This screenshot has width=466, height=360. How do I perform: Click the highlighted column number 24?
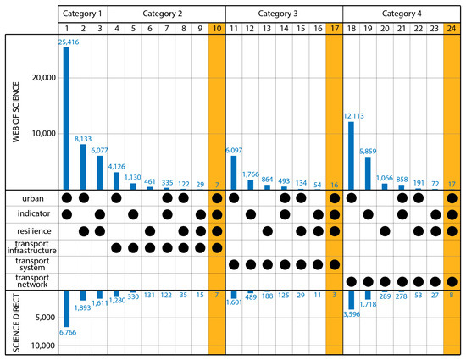pos(452,27)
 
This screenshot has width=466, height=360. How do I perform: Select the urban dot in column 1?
pos(66,197)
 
